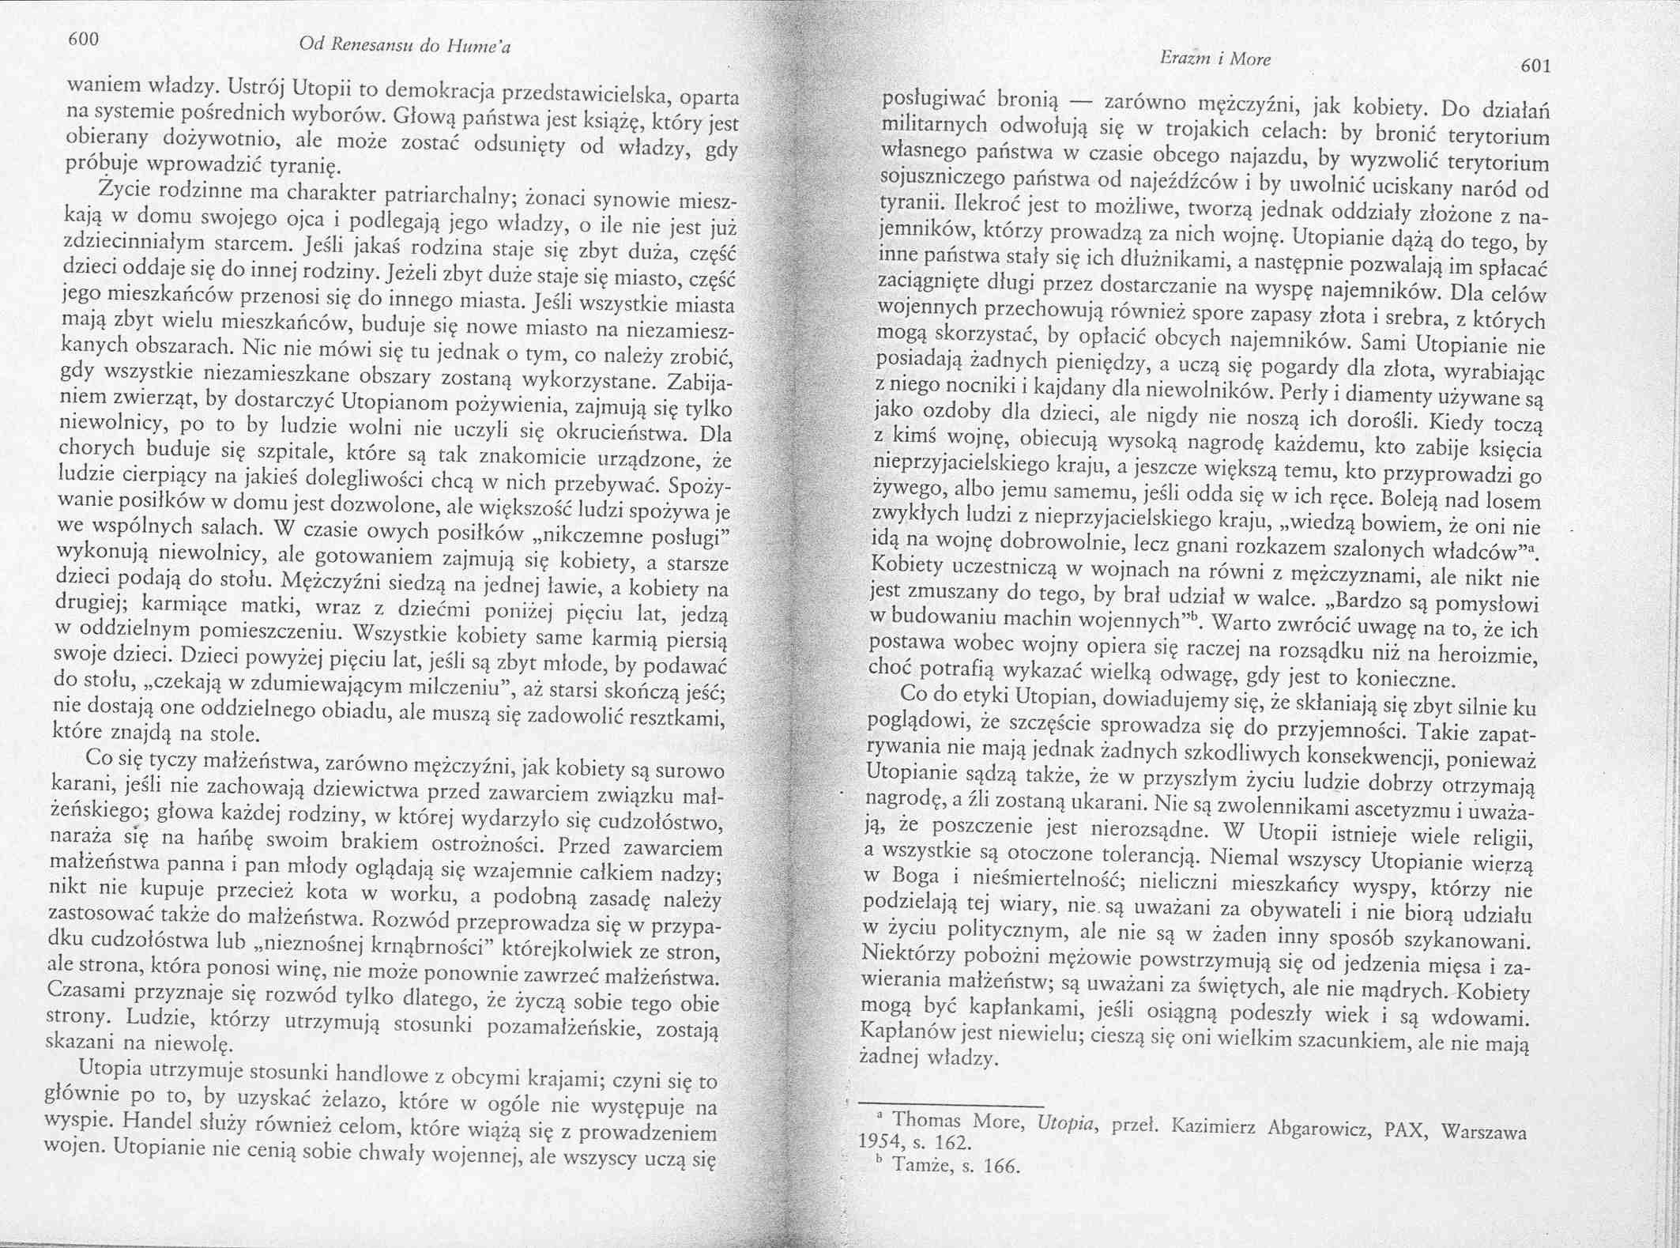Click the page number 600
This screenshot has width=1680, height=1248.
(82, 39)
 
